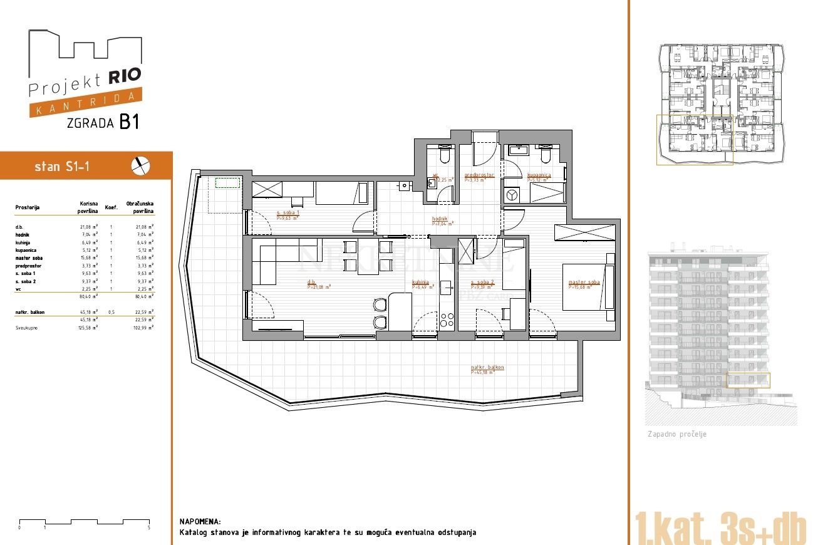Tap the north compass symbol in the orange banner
(x=141, y=166)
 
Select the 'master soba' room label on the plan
(x=584, y=283)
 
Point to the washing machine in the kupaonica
(x=514, y=195)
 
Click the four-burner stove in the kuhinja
(x=447, y=319)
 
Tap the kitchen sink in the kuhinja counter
(x=446, y=288)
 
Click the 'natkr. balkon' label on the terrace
(x=487, y=368)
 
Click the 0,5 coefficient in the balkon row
(x=111, y=312)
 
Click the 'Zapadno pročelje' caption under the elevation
(x=676, y=434)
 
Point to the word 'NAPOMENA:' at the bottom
(x=200, y=521)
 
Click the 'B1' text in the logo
(x=128, y=122)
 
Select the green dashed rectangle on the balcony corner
(x=228, y=184)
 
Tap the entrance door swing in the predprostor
(x=485, y=149)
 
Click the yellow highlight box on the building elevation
(x=748, y=380)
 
